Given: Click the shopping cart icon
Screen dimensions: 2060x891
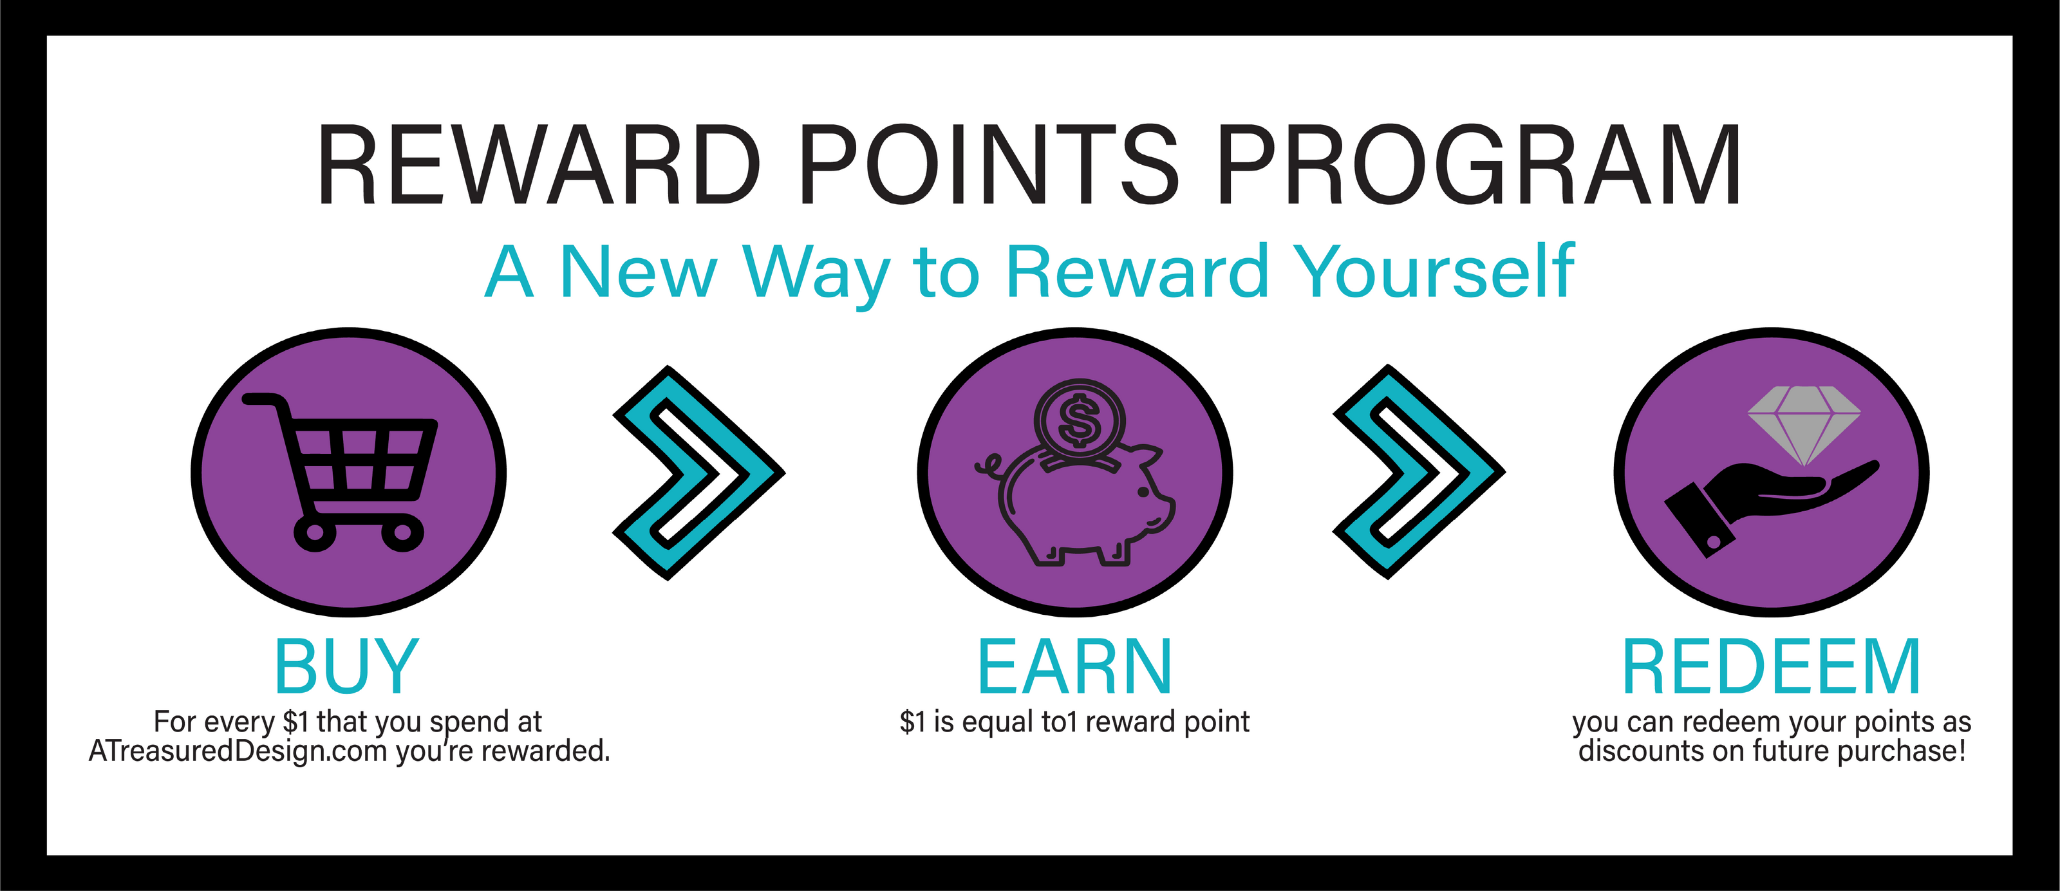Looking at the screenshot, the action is [341, 472].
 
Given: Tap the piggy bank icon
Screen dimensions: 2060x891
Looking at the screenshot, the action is [1076, 504].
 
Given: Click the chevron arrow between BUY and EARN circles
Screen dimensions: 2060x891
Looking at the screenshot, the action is [697, 473].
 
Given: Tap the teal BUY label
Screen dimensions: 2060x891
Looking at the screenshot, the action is [347, 666].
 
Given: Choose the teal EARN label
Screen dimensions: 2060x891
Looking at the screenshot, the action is [1075, 666].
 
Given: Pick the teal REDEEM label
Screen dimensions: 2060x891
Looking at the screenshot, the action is [1772, 666].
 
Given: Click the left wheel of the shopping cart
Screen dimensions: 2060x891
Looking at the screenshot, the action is [315, 532].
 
